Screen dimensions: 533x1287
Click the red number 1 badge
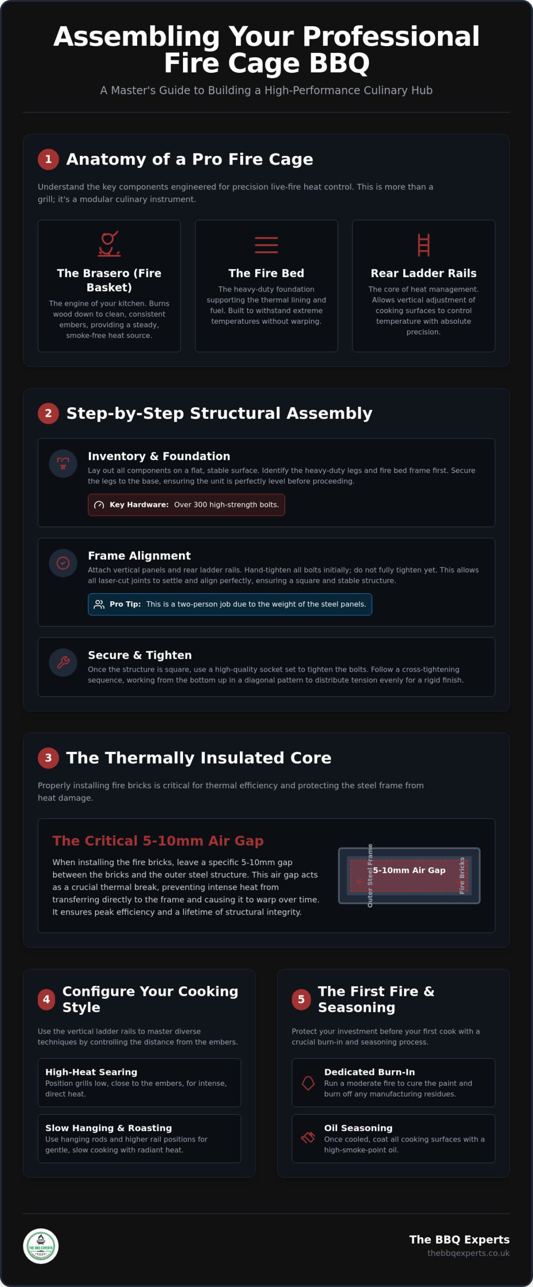[x=48, y=159]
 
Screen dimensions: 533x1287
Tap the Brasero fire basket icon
[x=109, y=244]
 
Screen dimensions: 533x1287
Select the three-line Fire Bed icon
[x=267, y=245]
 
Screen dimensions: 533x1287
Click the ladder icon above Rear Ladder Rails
[x=424, y=245]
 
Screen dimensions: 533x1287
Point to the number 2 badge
[x=48, y=413]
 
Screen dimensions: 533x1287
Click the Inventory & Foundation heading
[x=159, y=456]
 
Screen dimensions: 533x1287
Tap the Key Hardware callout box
[x=187, y=505]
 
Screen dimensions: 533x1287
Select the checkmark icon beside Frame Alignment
[x=63, y=563]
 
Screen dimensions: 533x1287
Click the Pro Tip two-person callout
[x=230, y=604]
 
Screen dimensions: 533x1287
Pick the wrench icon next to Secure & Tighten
[x=63, y=662]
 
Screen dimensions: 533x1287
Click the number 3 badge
[x=48, y=758]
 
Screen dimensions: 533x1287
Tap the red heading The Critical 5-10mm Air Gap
[x=158, y=841]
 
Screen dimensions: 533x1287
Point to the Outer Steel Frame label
[x=370, y=875]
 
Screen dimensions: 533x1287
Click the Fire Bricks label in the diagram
[x=462, y=875]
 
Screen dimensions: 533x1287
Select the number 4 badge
[x=46, y=999]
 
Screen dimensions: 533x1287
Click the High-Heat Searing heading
[x=91, y=1072]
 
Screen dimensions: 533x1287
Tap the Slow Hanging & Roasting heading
[x=109, y=1128]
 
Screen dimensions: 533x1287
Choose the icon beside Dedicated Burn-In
[x=308, y=1083]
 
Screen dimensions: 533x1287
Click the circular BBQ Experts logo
[x=41, y=1246]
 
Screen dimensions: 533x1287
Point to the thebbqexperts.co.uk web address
[x=469, y=1253]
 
